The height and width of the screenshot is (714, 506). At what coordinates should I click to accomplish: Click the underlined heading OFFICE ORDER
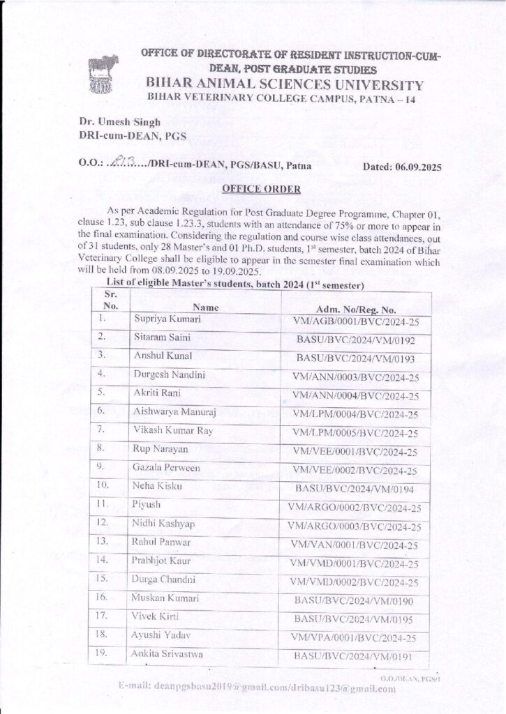(x=253, y=189)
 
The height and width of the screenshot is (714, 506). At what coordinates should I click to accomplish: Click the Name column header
(x=206, y=307)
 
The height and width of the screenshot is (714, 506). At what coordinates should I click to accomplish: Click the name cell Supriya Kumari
(x=167, y=319)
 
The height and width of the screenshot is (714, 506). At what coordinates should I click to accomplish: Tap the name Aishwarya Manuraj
(x=174, y=413)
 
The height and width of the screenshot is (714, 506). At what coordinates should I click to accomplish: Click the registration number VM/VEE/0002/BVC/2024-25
(x=357, y=471)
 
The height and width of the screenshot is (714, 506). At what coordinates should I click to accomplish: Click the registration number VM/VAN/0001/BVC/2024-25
(x=357, y=545)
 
